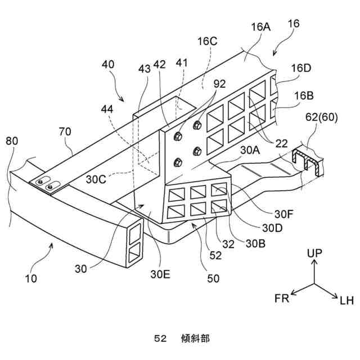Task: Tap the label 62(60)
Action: coord(319,118)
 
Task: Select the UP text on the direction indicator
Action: coord(315,254)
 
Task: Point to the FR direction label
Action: coord(281,298)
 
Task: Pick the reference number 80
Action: coord(12,141)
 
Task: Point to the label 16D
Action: coord(300,67)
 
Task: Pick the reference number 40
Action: coord(108,65)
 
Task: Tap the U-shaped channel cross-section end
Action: coord(309,160)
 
